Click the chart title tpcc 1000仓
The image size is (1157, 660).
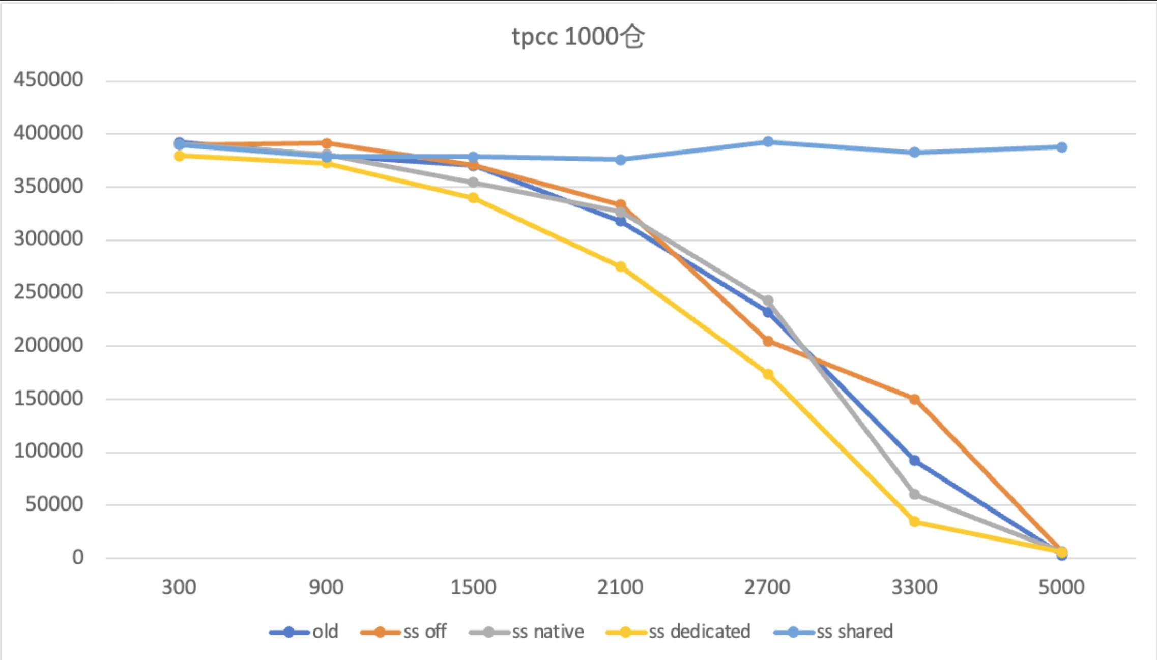pos(578,37)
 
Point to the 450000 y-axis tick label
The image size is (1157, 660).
pos(48,79)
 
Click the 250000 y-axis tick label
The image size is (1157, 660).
pos(48,292)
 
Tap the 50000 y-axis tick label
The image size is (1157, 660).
pos(54,504)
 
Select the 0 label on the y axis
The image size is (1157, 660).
pos(78,557)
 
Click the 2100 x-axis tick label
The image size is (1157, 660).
pos(620,587)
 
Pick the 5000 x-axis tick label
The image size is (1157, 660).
pos(1061,587)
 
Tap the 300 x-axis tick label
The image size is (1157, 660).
pos(179,587)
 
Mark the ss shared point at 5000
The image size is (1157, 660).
pos(1061,147)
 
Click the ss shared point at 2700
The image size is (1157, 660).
pos(768,142)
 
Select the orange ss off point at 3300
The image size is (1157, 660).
pos(914,399)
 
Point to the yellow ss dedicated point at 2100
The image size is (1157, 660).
pos(621,266)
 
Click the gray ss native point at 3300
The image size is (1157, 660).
pos(914,494)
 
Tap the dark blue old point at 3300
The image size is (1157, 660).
pos(914,461)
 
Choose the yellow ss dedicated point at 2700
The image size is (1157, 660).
pos(768,374)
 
